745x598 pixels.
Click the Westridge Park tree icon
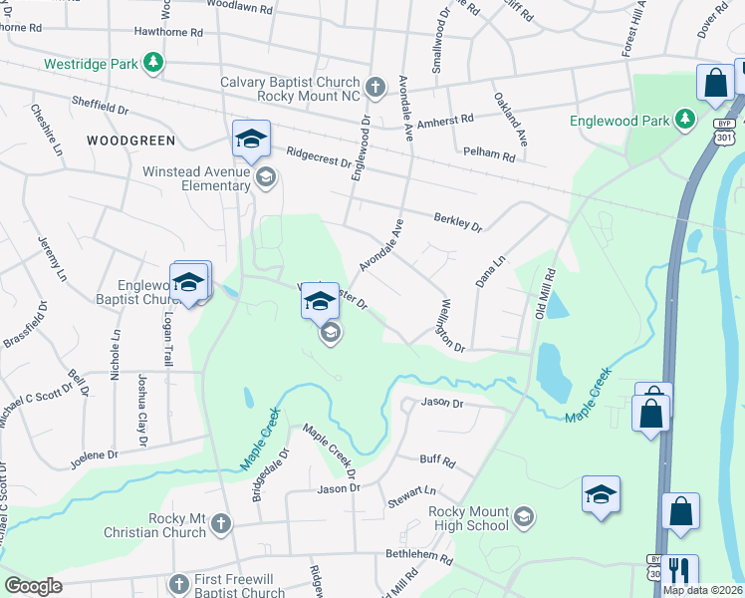click(x=152, y=64)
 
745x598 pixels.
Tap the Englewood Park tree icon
click(x=684, y=120)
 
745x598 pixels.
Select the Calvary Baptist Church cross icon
click(x=374, y=89)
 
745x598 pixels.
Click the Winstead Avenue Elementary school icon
click(x=265, y=178)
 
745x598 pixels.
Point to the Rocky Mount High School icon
click(x=524, y=518)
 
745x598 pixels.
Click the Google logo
click(x=33, y=586)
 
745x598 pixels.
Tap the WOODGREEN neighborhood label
click(x=130, y=141)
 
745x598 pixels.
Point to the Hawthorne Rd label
click(x=167, y=32)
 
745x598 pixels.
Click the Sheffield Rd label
click(x=102, y=102)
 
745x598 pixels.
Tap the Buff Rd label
click(x=437, y=462)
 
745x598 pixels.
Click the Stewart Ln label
click(x=412, y=491)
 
